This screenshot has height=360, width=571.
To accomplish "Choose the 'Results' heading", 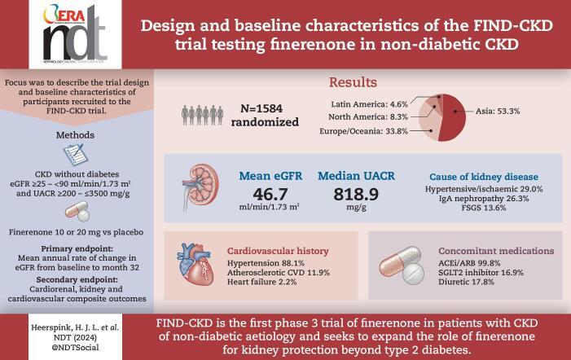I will pos(352,83).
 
